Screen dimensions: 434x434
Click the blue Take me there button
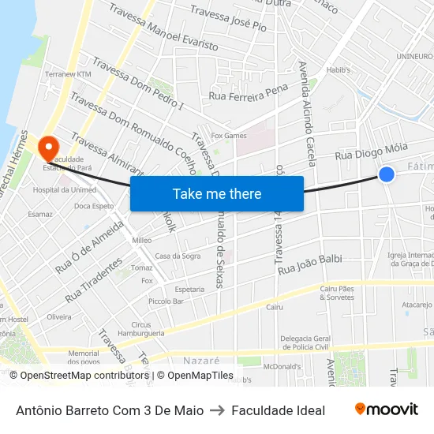217,193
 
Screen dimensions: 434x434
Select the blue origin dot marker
387,174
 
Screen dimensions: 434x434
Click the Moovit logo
386,410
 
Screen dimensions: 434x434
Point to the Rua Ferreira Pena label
249,93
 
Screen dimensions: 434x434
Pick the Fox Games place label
229,136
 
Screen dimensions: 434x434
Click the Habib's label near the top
338,70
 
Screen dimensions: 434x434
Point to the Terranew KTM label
69,74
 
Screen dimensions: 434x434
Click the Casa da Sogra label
178,256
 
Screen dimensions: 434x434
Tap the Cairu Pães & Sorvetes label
337,294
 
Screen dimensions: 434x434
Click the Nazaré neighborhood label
201,360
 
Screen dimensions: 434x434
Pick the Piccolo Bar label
166,301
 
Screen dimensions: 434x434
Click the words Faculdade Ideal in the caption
278,410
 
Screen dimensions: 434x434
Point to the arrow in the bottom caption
217,410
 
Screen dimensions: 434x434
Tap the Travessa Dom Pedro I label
137,84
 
